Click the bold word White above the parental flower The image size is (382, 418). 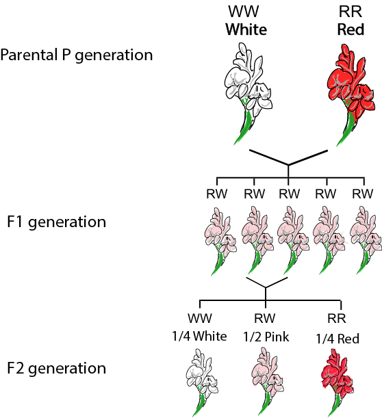tap(246, 29)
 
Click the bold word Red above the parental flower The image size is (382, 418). tap(351, 29)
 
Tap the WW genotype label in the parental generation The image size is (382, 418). tap(244, 12)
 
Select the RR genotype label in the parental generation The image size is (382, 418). tap(351, 12)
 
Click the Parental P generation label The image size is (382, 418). tap(76, 55)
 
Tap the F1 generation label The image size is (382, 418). tap(56, 222)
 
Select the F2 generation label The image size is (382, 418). tap(56, 368)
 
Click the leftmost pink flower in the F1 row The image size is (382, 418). tap(220, 240)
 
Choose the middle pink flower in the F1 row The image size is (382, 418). tap(293, 240)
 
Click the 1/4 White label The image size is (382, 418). tap(199, 337)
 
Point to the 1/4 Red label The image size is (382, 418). tap(338, 339)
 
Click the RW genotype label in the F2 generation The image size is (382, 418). tap(265, 318)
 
